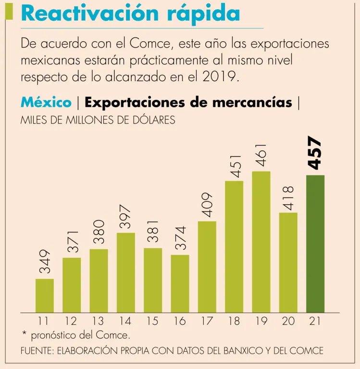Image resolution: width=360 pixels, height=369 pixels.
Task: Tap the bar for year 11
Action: (45, 295)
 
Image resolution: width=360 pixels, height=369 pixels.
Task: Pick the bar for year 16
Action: (180, 283)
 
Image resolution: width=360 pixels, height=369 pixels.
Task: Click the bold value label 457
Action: (315, 153)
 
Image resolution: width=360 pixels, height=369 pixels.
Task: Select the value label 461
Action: (261, 155)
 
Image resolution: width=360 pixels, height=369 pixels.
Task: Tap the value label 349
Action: (45, 262)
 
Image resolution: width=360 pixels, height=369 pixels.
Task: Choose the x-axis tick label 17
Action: (207, 321)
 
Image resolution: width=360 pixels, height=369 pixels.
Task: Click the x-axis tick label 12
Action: (71, 321)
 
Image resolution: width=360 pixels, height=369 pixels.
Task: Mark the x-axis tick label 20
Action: (288, 321)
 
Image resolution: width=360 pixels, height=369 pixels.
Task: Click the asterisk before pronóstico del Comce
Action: (24, 333)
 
